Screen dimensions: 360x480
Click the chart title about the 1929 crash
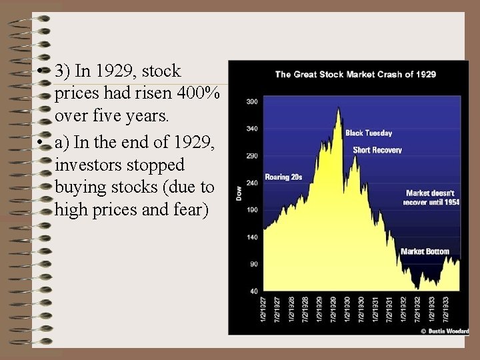(x=355, y=74)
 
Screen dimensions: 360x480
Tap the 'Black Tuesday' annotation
(x=369, y=133)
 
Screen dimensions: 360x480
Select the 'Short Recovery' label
(x=377, y=150)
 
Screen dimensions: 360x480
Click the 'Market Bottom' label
(x=425, y=251)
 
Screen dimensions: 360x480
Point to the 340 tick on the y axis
(x=252, y=128)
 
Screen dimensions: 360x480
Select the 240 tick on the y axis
(x=252, y=183)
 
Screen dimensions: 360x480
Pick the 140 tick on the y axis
(x=252, y=237)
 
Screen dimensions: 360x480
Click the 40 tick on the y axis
(x=253, y=291)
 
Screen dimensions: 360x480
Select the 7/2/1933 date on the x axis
(x=445, y=310)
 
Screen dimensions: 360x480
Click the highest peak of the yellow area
(x=339, y=108)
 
